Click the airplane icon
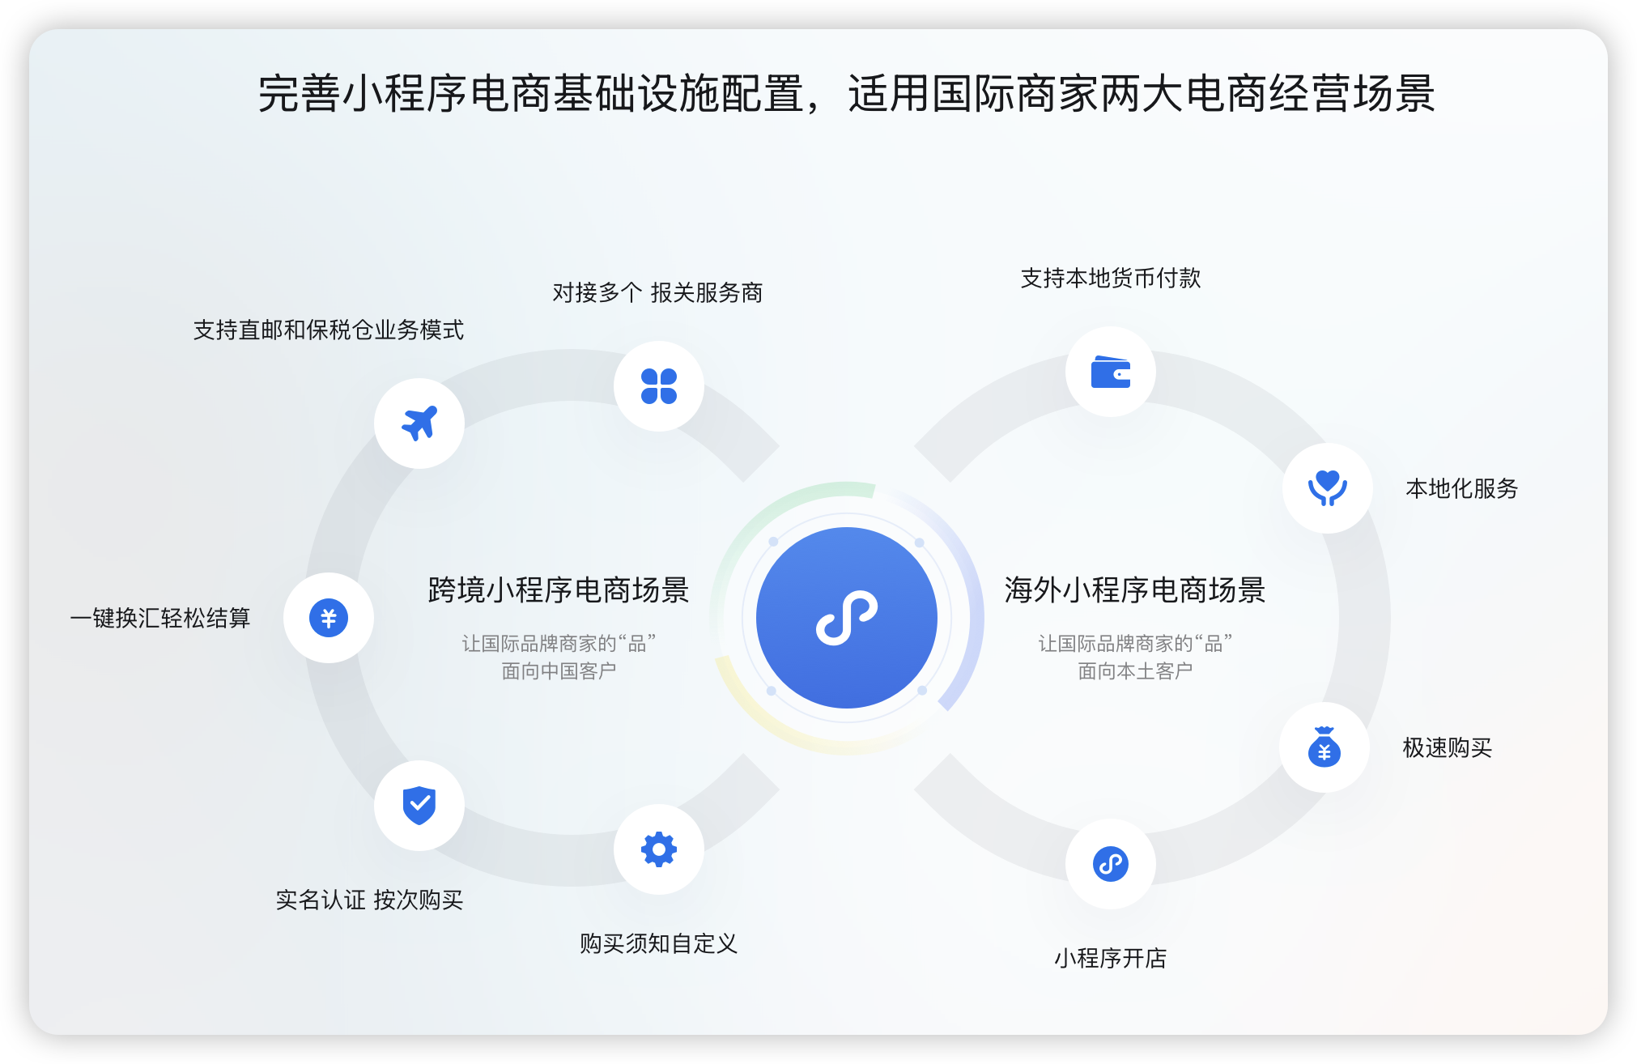tap(419, 423)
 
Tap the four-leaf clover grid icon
tap(659, 386)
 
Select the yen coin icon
tap(329, 618)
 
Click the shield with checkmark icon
tap(419, 805)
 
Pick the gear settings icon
tap(659, 849)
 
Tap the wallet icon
tap(1111, 372)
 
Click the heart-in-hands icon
tap(1328, 488)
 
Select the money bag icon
tap(1324, 747)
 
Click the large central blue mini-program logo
tap(847, 618)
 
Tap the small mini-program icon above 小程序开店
tap(1111, 864)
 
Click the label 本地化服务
tap(1462, 488)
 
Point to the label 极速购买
tap(1448, 747)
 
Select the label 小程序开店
tap(1111, 958)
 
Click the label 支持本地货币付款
tap(1111, 278)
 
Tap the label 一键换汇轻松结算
tap(160, 618)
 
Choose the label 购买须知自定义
tap(659, 943)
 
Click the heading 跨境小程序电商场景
tap(559, 590)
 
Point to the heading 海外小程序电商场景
tap(1135, 590)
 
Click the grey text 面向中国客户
tap(559, 671)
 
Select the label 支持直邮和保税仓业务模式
tap(329, 330)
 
